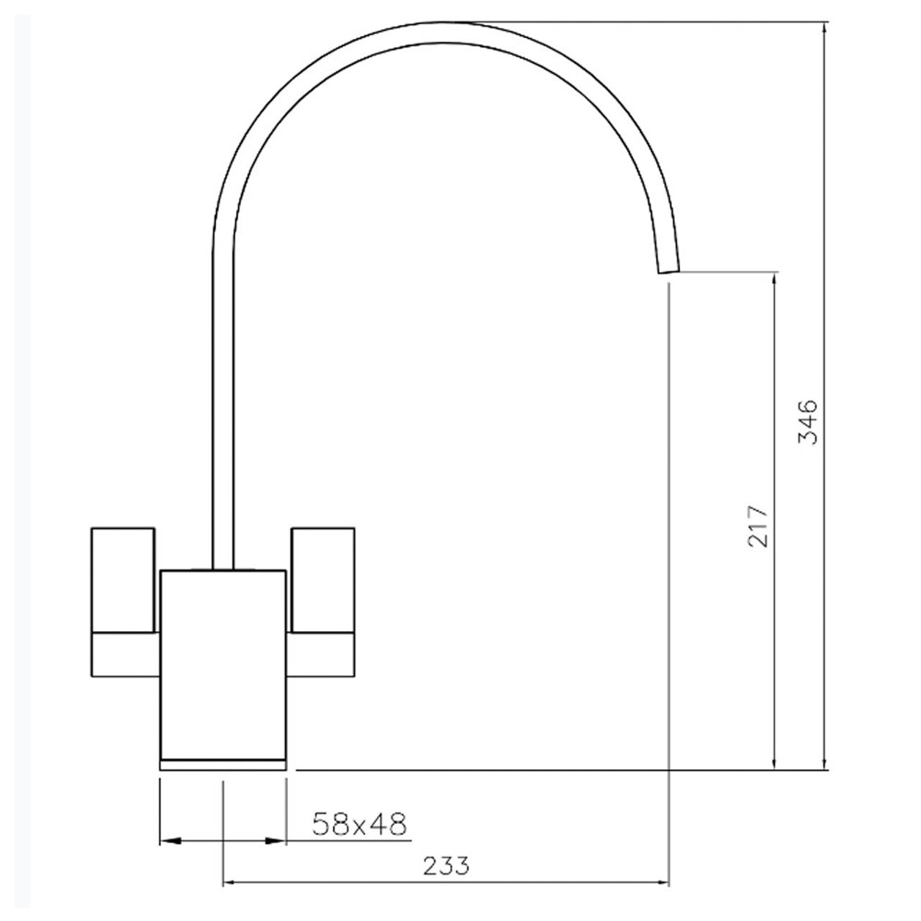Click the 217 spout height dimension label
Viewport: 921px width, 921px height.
pyautogui.click(x=758, y=526)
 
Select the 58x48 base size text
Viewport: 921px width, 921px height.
pyautogui.click(x=360, y=824)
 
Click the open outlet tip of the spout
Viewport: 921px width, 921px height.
pyautogui.click(x=668, y=268)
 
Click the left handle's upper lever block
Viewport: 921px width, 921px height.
pyautogui.click(x=123, y=579)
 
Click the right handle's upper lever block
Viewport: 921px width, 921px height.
pyautogui.click(x=322, y=579)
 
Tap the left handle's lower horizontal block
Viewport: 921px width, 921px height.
pyautogui.click(x=124, y=655)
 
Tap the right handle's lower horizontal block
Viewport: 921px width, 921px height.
pyautogui.click(x=321, y=655)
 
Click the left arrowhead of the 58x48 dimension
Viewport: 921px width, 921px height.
pyautogui.click(x=167, y=840)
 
